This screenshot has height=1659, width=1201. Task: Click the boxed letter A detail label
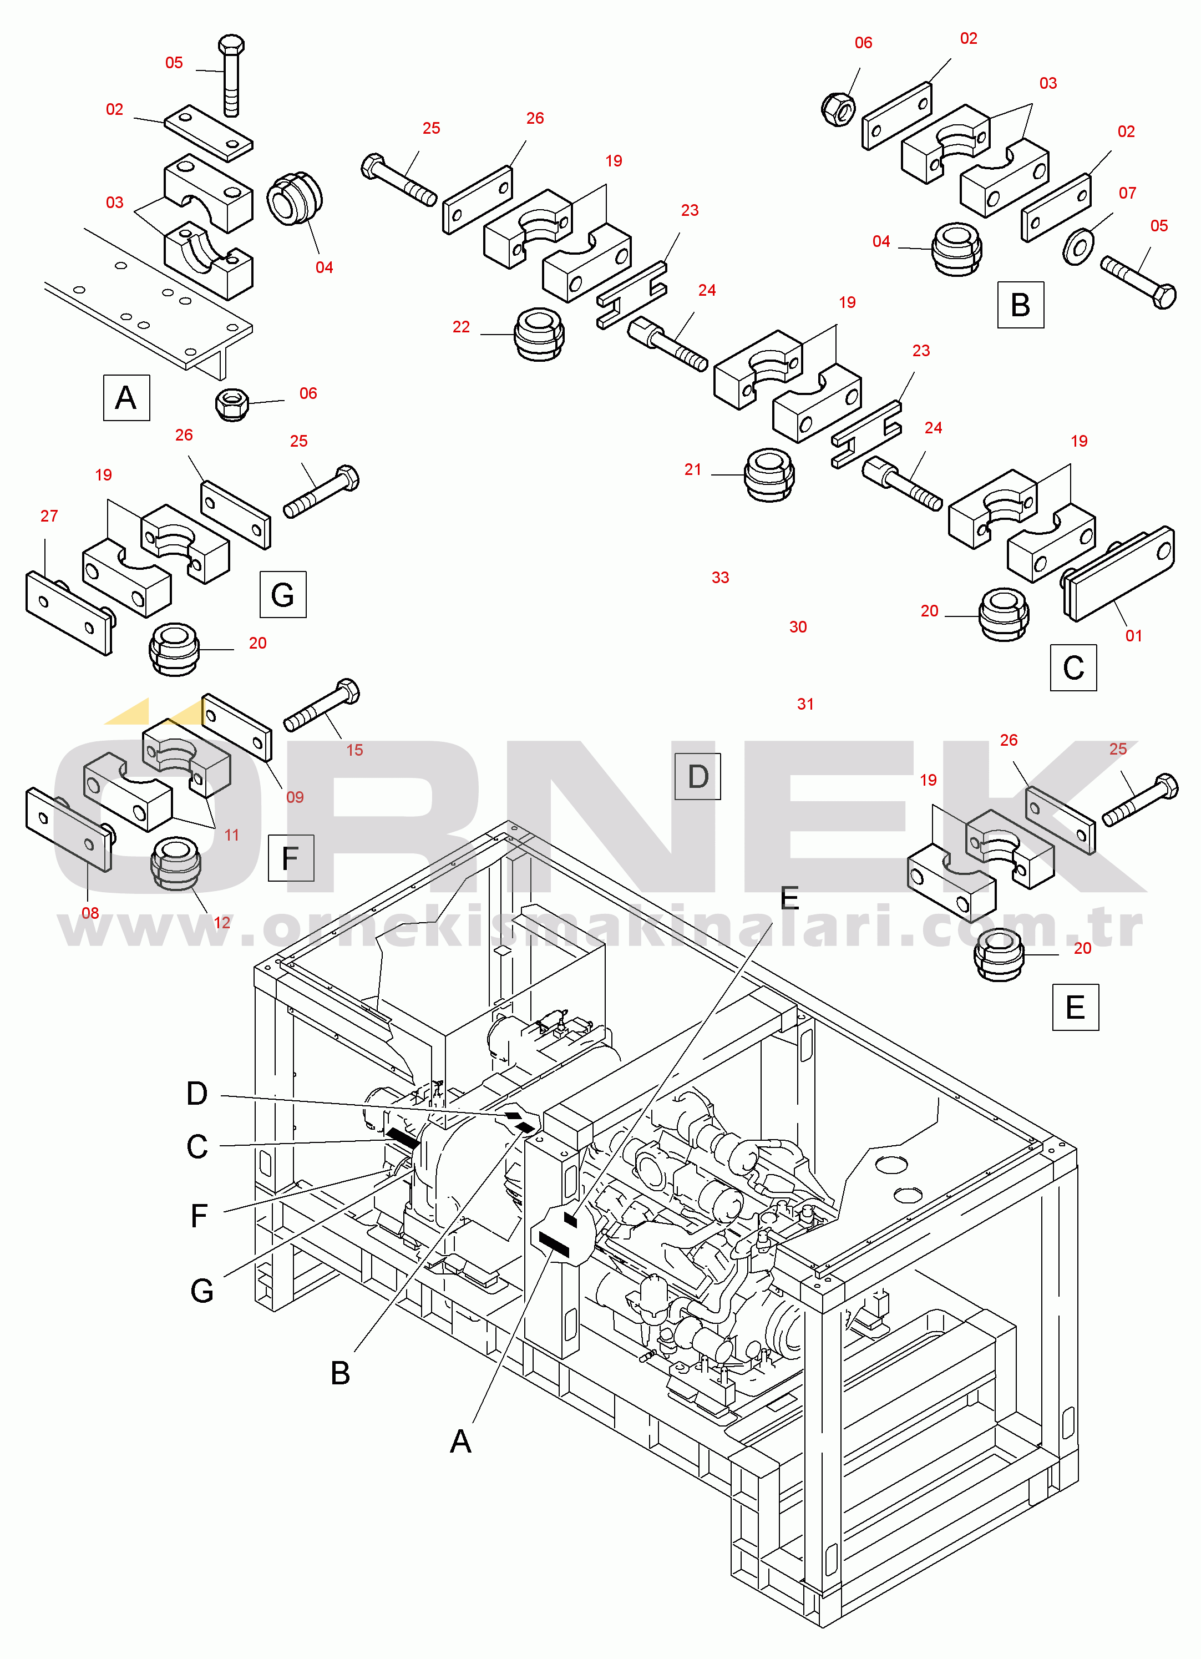click(x=126, y=398)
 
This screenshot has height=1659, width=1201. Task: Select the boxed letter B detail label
click(x=1020, y=305)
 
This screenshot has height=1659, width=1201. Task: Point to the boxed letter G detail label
click(x=283, y=595)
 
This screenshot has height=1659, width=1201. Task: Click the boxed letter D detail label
click(x=698, y=776)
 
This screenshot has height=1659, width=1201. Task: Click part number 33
click(x=721, y=578)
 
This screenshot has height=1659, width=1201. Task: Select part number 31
click(x=805, y=705)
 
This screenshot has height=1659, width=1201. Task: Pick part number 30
click(x=798, y=627)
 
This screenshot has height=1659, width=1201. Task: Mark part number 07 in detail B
click(x=1127, y=193)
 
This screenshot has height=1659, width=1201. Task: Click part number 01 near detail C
click(x=1134, y=636)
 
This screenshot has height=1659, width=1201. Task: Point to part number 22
click(x=461, y=327)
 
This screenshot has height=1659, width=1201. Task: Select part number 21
click(x=693, y=469)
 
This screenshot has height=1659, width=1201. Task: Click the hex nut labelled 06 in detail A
click(x=232, y=404)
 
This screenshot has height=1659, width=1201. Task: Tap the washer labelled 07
click(x=1077, y=247)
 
